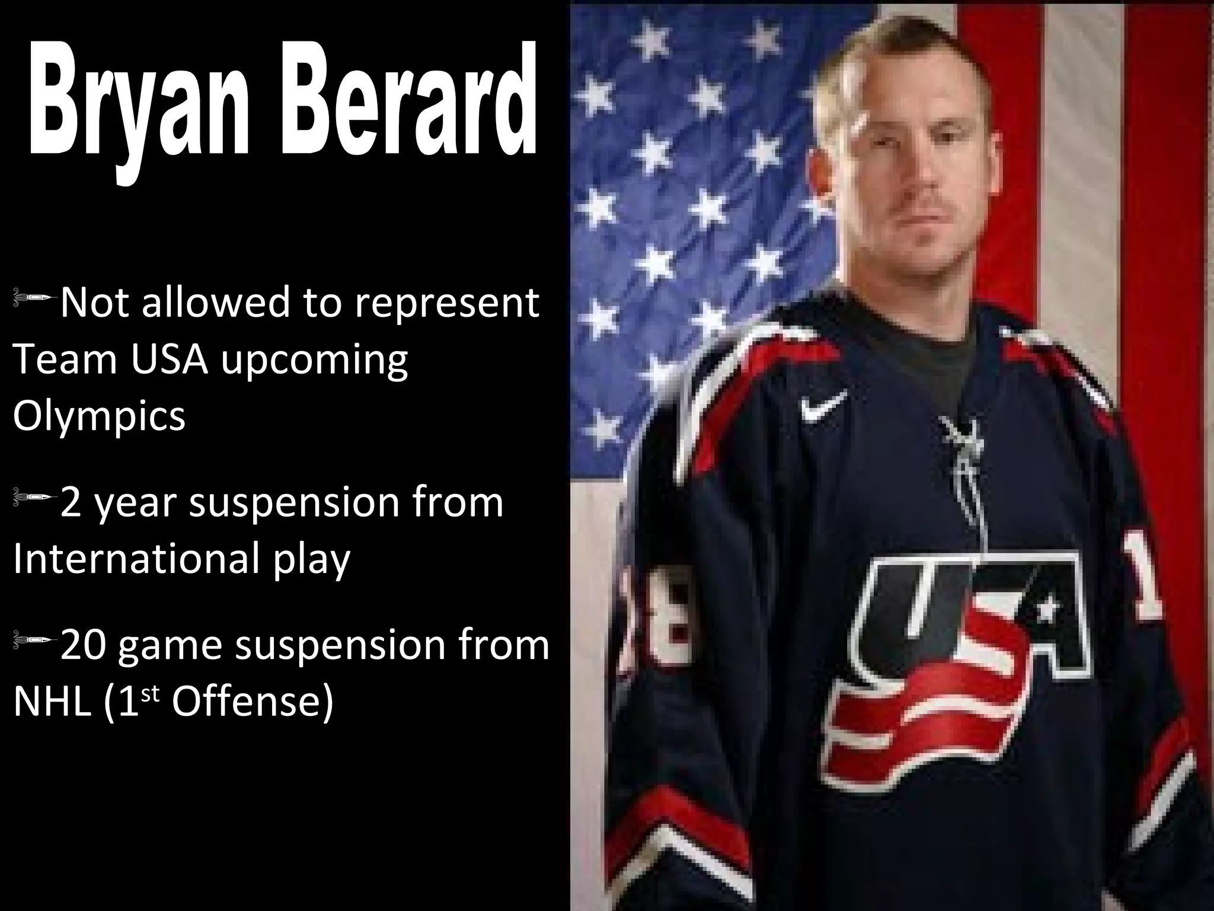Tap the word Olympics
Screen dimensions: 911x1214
coord(99,416)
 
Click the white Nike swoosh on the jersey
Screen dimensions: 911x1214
coord(823,407)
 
